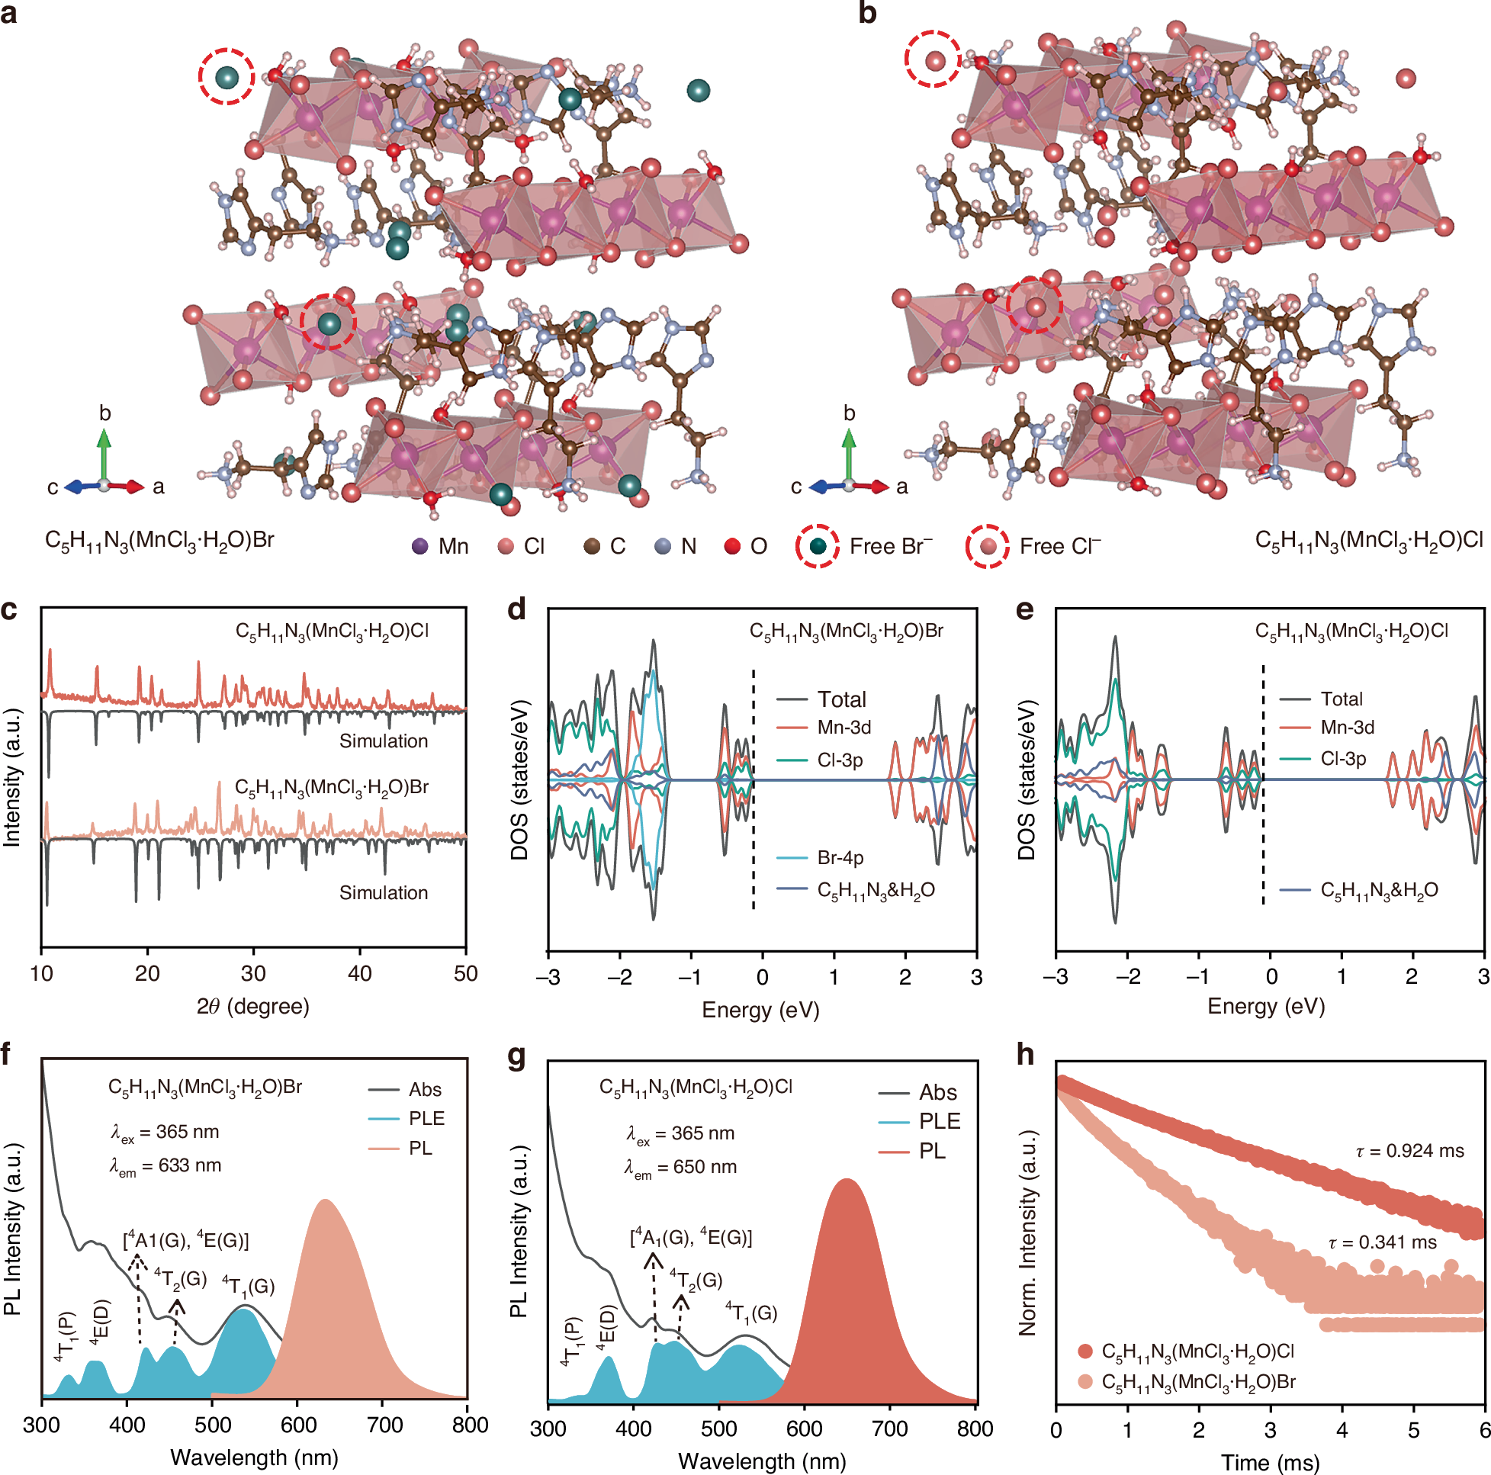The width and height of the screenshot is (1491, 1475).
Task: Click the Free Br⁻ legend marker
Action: pos(818,547)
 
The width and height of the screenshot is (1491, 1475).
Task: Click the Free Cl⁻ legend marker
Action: pos(987,547)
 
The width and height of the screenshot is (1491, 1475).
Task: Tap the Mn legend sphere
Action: pos(419,547)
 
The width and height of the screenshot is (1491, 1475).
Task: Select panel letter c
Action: pos(9,610)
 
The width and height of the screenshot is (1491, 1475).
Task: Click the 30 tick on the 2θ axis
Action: pos(253,973)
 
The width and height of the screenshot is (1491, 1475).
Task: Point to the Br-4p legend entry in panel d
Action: pos(839,857)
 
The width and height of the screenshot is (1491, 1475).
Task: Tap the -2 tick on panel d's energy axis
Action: pos(619,977)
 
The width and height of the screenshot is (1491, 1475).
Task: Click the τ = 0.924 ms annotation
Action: pos(1409,1151)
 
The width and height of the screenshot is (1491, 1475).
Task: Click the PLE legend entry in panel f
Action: pos(426,1118)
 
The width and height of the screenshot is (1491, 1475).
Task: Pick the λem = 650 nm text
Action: pos(680,1168)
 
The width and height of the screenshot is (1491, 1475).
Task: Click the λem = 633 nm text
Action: pos(165,1166)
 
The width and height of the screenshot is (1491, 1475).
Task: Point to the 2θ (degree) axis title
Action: pos(253,1007)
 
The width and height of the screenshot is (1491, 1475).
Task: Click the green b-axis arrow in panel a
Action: pos(104,455)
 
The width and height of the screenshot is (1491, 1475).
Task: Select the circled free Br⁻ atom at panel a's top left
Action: pos(226,77)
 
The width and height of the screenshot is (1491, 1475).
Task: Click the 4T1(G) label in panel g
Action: pos(751,1312)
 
